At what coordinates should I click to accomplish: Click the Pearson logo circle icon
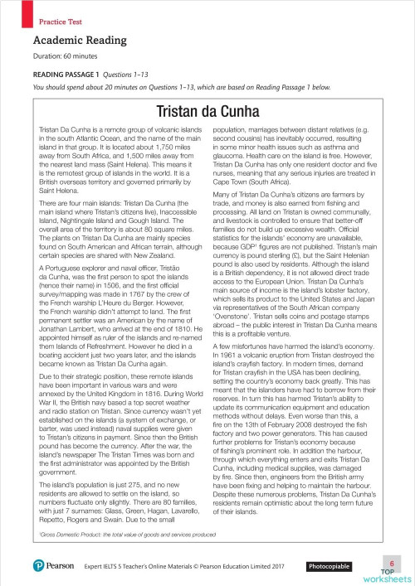40,566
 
